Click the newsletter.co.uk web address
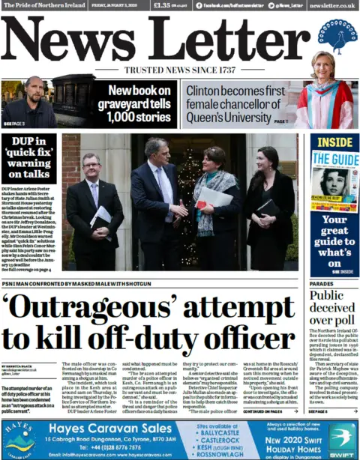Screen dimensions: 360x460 [331, 5]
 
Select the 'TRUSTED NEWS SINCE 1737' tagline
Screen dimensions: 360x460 [180, 70]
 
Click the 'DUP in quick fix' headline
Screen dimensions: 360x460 [28, 159]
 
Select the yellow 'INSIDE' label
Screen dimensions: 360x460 [334, 142]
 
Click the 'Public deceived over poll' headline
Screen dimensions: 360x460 [333, 307]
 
